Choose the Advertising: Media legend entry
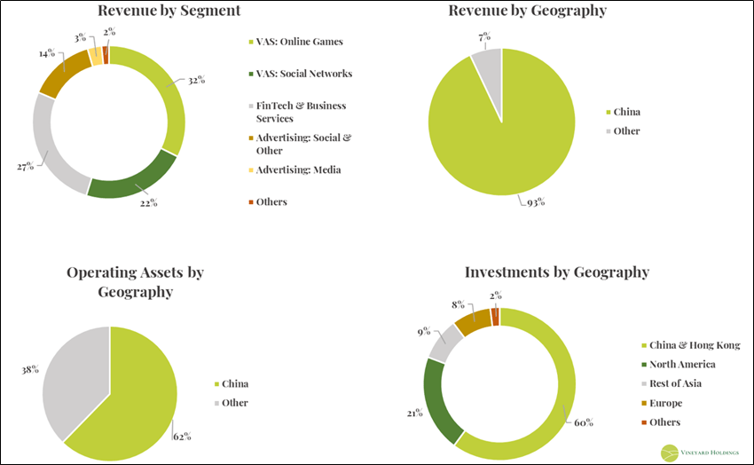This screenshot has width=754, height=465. pos(298,169)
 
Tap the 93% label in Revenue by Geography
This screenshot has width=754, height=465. pos(534,201)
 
